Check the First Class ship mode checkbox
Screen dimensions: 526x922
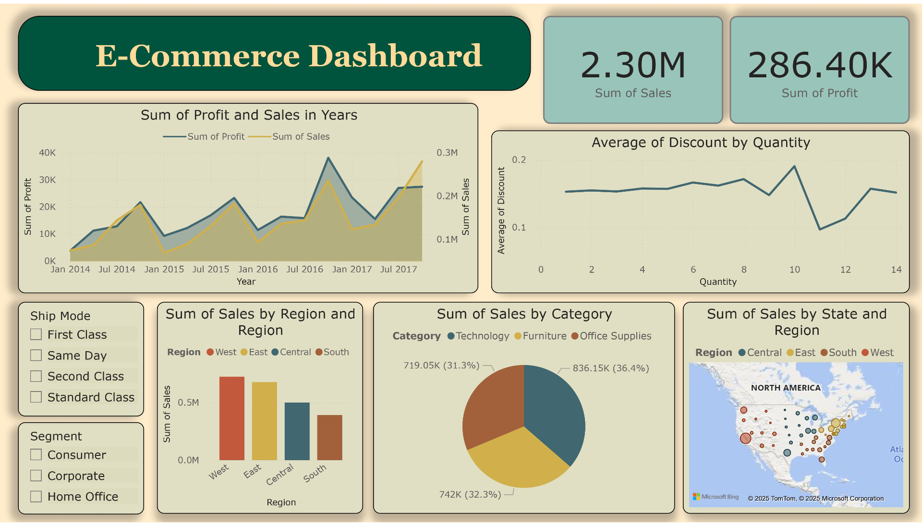click(x=36, y=334)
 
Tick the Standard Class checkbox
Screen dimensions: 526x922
click(x=36, y=397)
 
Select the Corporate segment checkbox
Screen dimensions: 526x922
click(x=36, y=476)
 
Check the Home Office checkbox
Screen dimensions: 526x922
click(x=36, y=496)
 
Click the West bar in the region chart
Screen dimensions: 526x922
click(x=231, y=418)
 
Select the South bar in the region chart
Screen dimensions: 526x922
click(x=329, y=437)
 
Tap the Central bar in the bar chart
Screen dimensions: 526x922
click(x=297, y=431)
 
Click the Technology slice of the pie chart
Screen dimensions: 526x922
click(x=552, y=413)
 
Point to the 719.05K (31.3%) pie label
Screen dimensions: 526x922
click(x=441, y=366)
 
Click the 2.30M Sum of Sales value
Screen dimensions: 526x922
click(x=633, y=65)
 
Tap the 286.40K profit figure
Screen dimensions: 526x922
click(x=820, y=65)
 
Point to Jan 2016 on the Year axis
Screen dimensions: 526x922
click(x=258, y=269)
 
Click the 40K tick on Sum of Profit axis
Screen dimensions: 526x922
click(x=47, y=153)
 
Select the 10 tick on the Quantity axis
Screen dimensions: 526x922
click(x=794, y=269)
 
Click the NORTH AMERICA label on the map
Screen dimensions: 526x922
click(x=786, y=388)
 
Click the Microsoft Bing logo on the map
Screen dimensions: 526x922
click(x=716, y=497)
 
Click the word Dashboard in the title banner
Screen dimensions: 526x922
click(x=395, y=56)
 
